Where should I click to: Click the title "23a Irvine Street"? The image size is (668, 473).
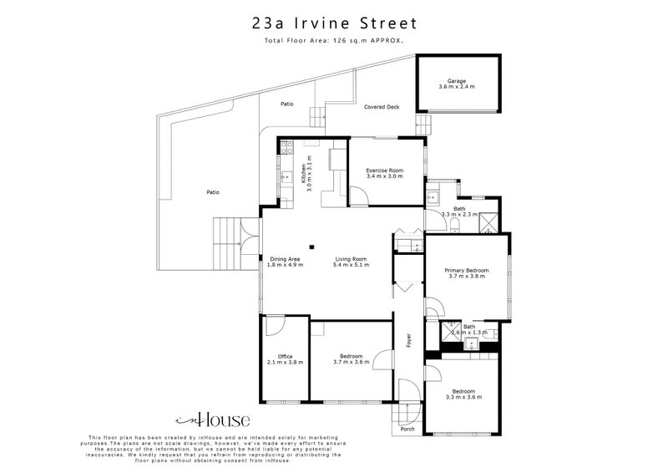(x=335, y=23)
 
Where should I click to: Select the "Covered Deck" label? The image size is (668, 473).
(x=381, y=107)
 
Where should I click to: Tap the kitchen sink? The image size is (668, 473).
(x=285, y=176)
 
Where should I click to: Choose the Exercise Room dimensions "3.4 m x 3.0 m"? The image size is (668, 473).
(x=384, y=176)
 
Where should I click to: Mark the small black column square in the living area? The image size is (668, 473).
(x=311, y=246)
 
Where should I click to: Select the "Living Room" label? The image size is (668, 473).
(x=350, y=259)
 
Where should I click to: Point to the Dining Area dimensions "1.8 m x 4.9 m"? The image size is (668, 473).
(x=285, y=266)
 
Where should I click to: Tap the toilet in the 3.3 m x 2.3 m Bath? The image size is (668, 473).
(x=433, y=199)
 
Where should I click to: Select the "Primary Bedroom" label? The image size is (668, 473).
(x=466, y=271)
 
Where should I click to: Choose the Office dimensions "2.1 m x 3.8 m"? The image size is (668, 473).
(x=285, y=362)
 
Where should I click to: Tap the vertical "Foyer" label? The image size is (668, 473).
(x=409, y=340)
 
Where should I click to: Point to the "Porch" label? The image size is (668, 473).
(x=407, y=429)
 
